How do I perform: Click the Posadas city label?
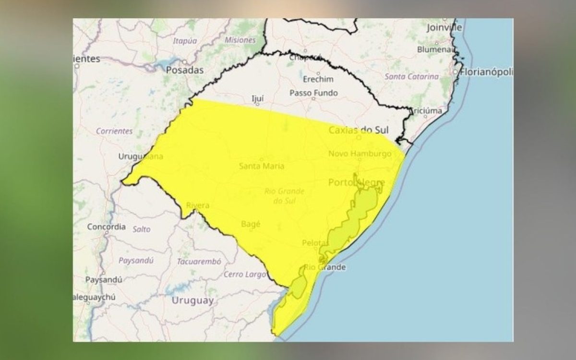click(x=184, y=70)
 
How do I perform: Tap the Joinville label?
click(x=444, y=28)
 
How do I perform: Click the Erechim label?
click(x=318, y=79)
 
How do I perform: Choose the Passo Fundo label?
click(x=313, y=93)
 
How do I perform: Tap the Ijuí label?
click(x=258, y=99)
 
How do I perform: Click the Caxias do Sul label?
click(x=358, y=130)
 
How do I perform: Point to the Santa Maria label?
click(x=262, y=166)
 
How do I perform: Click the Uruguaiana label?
click(x=141, y=156)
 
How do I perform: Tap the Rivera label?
click(x=198, y=205)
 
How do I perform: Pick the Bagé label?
click(x=252, y=223)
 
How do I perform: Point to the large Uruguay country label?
click(x=192, y=300)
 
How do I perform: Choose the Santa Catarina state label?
click(x=412, y=76)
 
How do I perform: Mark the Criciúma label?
click(x=426, y=111)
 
